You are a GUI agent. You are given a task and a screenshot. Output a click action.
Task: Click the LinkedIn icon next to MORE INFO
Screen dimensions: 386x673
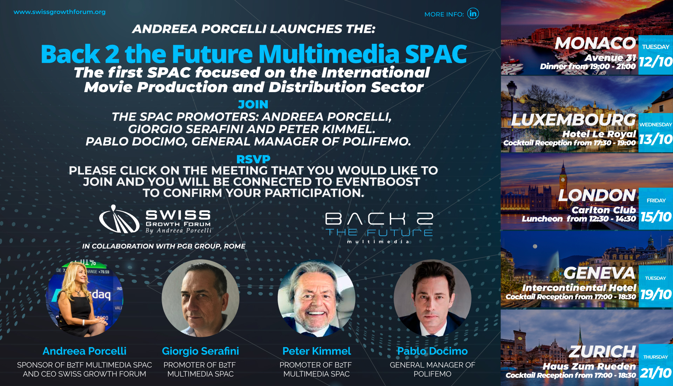click(x=473, y=14)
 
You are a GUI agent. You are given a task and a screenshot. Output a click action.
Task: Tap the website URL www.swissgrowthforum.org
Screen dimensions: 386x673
click(x=60, y=12)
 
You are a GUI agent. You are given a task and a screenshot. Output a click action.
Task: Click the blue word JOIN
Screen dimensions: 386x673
click(x=253, y=104)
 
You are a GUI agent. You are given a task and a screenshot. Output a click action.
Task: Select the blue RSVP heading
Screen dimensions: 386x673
click(x=253, y=159)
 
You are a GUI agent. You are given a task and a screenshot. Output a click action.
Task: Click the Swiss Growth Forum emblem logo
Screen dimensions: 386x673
click(x=119, y=220)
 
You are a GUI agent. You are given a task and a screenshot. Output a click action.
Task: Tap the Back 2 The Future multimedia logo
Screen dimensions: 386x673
click(x=379, y=227)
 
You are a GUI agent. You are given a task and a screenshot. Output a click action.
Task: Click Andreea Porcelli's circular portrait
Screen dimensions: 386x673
click(x=84, y=298)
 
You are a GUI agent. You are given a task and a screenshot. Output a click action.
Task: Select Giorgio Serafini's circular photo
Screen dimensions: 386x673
click(x=200, y=298)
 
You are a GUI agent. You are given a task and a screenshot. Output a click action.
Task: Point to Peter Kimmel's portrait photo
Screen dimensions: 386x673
click(x=316, y=298)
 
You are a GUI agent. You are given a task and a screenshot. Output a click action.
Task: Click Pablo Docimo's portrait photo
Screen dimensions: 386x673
click(x=432, y=298)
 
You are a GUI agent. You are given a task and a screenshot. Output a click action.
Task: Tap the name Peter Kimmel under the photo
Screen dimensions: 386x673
click(x=316, y=351)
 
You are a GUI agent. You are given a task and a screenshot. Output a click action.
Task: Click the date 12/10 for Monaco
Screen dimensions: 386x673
click(x=655, y=62)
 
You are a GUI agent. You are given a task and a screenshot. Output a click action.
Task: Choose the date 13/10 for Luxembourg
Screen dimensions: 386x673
click(x=655, y=139)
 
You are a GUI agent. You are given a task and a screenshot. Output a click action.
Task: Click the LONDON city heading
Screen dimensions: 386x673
click(x=597, y=195)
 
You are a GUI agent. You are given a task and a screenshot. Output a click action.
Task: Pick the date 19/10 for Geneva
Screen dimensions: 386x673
click(x=655, y=294)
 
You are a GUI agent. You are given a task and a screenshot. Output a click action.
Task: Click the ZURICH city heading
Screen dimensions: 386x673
click(x=602, y=351)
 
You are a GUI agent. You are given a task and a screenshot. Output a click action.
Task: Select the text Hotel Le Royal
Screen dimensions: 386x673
click(x=599, y=134)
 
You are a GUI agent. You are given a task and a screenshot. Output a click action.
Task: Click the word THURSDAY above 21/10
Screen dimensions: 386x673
click(x=655, y=357)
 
